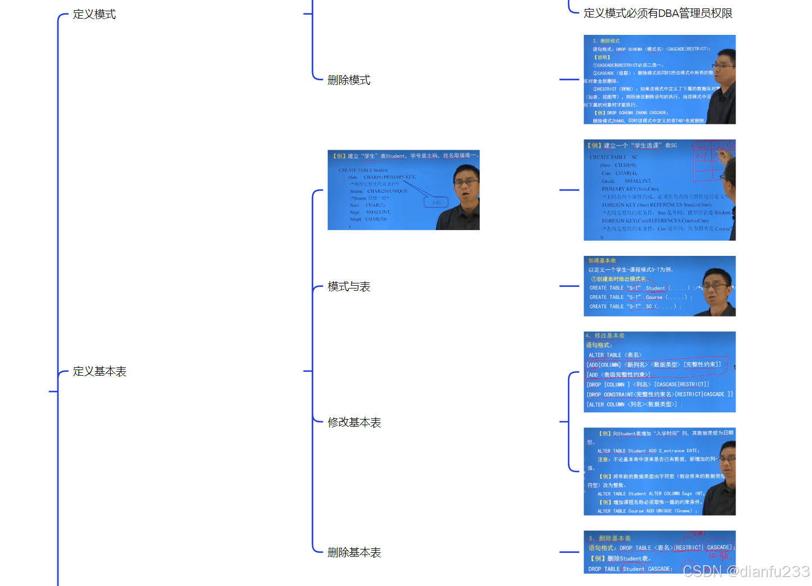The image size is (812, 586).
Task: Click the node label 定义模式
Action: [94, 14]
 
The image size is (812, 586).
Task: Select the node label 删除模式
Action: [349, 80]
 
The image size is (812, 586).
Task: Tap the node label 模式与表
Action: [349, 286]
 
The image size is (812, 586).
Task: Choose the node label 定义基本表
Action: [100, 371]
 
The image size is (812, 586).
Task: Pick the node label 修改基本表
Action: [354, 422]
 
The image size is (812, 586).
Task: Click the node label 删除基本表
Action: [354, 552]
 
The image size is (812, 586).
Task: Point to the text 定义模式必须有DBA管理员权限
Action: [658, 13]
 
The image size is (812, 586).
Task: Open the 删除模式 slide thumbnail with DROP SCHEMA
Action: [659, 79]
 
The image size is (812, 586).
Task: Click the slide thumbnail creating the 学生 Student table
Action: [403, 190]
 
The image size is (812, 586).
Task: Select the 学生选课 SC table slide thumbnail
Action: [659, 190]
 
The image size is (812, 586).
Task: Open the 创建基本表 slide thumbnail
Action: [659, 286]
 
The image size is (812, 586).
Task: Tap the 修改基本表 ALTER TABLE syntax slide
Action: [659, 372]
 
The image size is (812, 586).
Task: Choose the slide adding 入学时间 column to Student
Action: [659, 471]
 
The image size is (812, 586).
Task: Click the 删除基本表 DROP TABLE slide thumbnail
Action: [659, 552]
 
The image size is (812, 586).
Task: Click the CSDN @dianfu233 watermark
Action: [746, 571]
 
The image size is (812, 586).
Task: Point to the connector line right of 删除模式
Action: [569, 80]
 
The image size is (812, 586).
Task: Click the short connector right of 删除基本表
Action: [569, 552]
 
